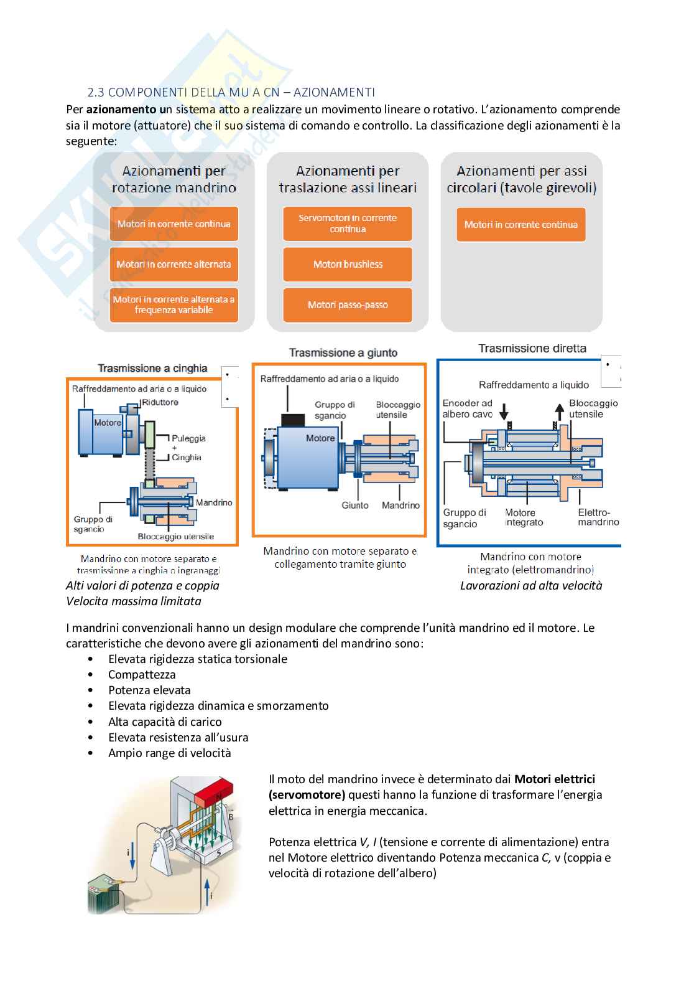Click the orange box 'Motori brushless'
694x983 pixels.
tap(348, 264)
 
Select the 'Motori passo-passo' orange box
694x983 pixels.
tap(348, 305)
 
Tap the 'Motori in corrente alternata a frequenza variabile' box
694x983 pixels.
tap(174, 304)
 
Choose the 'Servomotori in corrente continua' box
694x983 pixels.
tap(348, 223)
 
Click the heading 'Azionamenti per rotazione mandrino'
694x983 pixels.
tap(174, 179)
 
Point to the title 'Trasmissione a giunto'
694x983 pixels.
tap(343, 353)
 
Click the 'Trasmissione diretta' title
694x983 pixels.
tap(532, 349)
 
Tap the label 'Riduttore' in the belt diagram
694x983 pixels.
tap(160, 402)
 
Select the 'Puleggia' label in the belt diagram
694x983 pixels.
tap(188, 438)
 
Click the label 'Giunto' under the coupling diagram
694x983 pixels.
tap(355, 506)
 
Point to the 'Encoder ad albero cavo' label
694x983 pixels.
tap(467, 408)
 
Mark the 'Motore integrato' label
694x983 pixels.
tap(524, 518)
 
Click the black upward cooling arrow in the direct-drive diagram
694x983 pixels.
tap(560, 411)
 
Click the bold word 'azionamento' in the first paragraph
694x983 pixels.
tap(121, 110)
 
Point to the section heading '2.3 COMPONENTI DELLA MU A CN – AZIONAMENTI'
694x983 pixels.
tap(231, 93)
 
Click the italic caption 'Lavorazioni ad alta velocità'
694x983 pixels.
tap(531, 586)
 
